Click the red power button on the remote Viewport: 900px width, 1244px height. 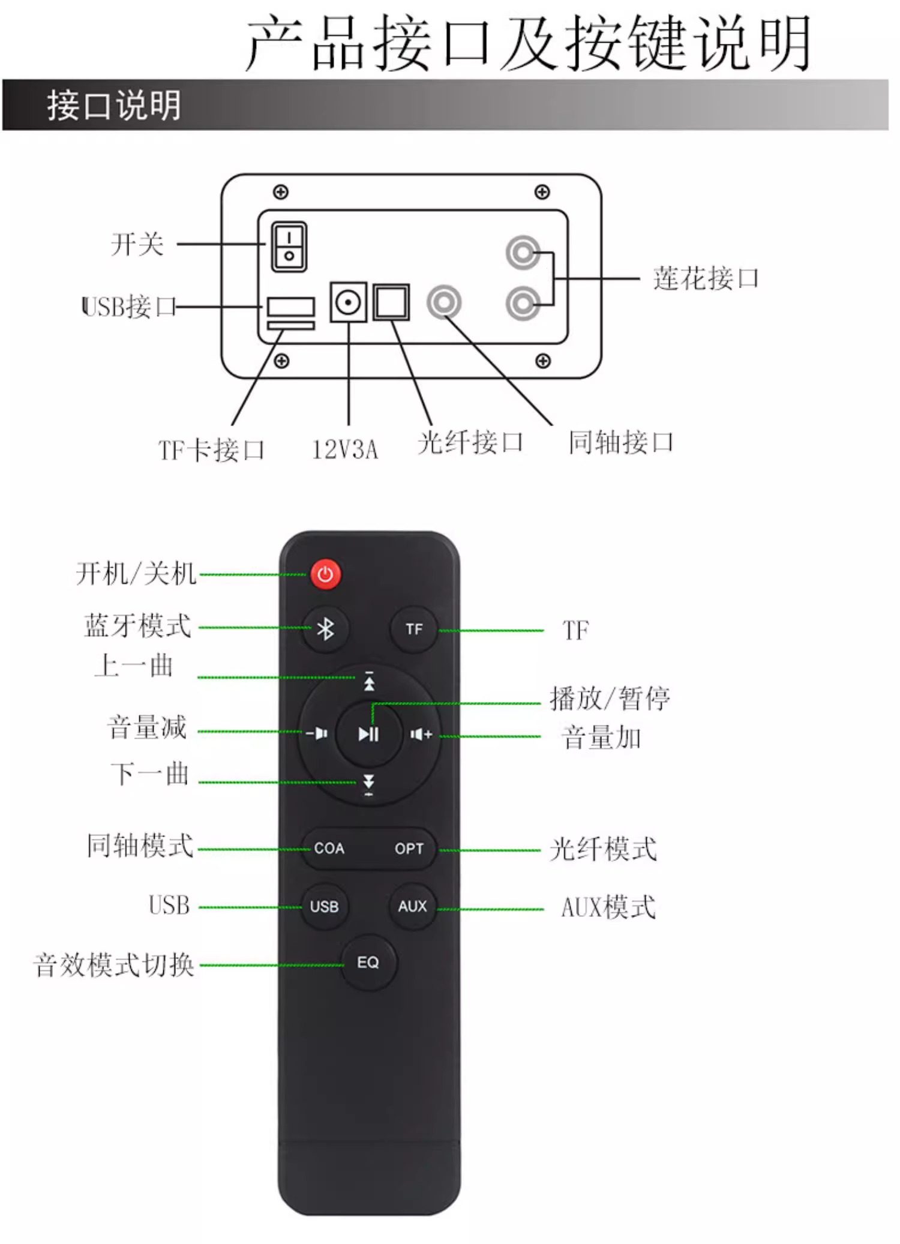tap(325, 574)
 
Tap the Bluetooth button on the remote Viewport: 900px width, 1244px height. tap(325, 629)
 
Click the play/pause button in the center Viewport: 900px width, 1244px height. tap(368, 734)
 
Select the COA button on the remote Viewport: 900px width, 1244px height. tap(329, 849)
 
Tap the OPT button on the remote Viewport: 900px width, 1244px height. tap(409, 849)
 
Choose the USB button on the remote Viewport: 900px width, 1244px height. tap(325, 906)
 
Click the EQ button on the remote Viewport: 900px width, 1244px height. tap(368, 963)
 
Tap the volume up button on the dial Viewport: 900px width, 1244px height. tap(421, 734)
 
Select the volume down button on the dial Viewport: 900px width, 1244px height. tap(316, 733)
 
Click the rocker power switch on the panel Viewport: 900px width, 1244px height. tap(289, 247)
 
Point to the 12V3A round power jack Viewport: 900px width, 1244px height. tap(348, 302)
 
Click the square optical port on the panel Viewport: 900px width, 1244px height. tap(391, 302)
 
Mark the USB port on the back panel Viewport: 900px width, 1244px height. tap(291, 307)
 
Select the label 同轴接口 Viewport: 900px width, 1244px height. tap(621, 442)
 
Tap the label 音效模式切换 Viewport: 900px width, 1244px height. tap(114, 965)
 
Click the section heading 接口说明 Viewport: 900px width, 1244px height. tap(114, 106)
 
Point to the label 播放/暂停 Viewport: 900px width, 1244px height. tap(610, 699)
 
